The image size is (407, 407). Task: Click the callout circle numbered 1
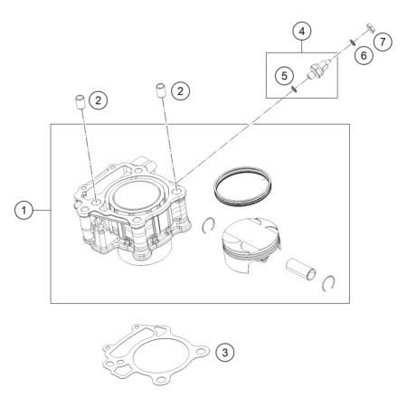pyautogui.click(x=24, y=210)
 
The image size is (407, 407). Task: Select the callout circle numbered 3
pyautogui.click(x=225, y=352)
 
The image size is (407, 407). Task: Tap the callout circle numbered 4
pyautogui.click(x=302, y=32)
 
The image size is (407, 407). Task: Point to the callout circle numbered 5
pyautogui.click(x=284, y=76)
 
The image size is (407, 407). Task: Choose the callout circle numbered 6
pyautogui.click(x=364, y=55)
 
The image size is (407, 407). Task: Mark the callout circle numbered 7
pyautogui.click(x=383, y=42)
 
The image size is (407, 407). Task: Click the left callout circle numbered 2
pyautogui.click(x=99, y=100)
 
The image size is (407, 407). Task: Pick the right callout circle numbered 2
pyautogui.click(x=180, y=91)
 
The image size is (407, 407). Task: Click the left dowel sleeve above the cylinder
pyautogui.click(x=80, y=102)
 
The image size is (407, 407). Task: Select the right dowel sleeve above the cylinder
pyautogui.click(x=161, y=90)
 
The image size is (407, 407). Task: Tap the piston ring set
pyautogui.click(x=242, y=185)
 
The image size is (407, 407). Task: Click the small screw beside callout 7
pyautogui.click(x=371, y=28)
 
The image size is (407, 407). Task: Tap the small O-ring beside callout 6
pyautogui.click(x=352, y=43)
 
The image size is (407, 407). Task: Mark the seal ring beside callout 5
pyautogui.click(x=294, y=89)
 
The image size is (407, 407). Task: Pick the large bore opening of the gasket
pyautogui.click(x=162, y=355)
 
